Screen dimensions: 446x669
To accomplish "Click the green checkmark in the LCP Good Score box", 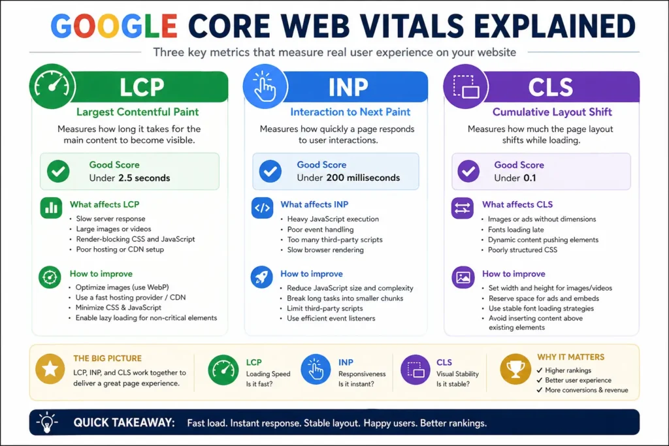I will point(59,172).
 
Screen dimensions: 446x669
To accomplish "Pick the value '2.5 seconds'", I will point(144,178).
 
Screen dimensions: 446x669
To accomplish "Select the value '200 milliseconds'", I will point(363,178).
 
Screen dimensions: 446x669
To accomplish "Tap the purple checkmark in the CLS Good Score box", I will point(468,172).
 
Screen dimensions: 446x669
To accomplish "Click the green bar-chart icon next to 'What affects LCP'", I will point(50,208).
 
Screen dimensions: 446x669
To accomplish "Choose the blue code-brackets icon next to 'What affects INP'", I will point(262,208).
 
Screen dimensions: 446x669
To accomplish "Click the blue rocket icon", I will point(262,277).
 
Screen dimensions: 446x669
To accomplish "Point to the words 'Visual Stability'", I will point(457,374).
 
